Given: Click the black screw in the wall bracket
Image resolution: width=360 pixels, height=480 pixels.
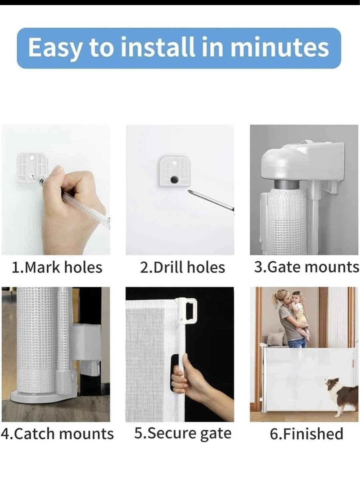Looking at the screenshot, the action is click(x=175, y=180).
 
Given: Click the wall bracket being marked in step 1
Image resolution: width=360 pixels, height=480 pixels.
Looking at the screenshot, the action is click(x=32, y=168).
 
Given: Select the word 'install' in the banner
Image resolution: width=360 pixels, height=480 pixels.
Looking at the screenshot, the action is click(x=157, y=47).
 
